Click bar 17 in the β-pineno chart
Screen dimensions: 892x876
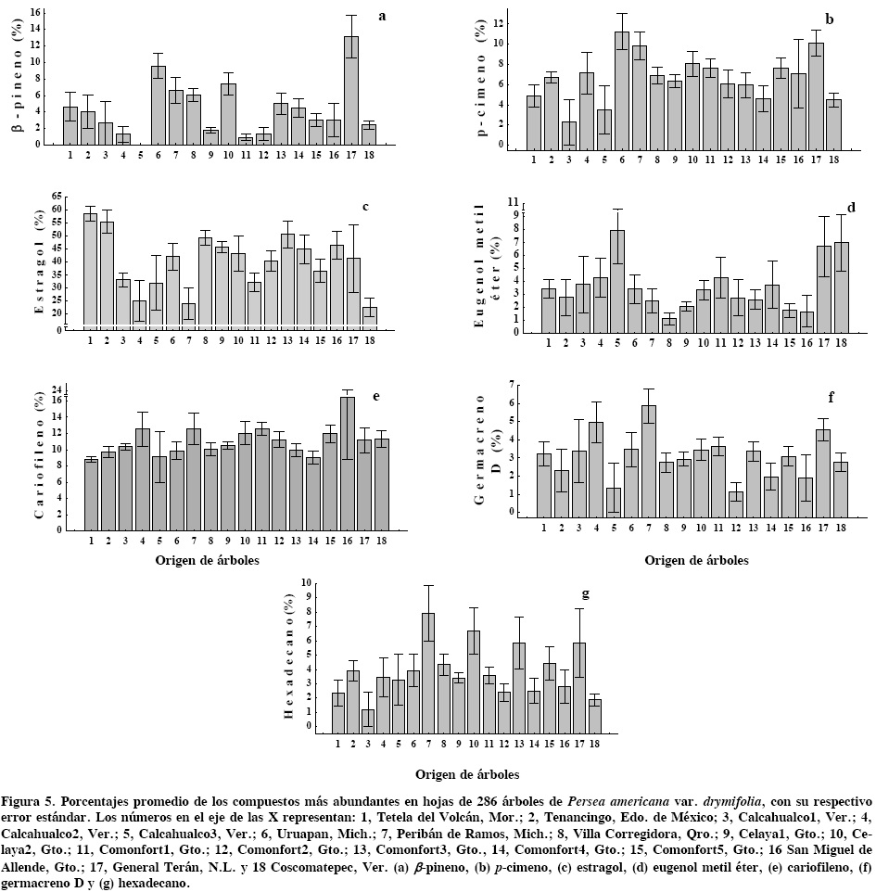(351, 90)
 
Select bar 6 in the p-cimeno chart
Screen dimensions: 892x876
(621, 91)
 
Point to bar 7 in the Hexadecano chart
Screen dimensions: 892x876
(428, 673)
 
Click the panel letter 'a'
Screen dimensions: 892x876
(381, 16)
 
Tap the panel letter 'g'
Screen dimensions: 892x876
(586, 593)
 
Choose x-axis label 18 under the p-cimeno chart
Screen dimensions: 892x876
(832, 159)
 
